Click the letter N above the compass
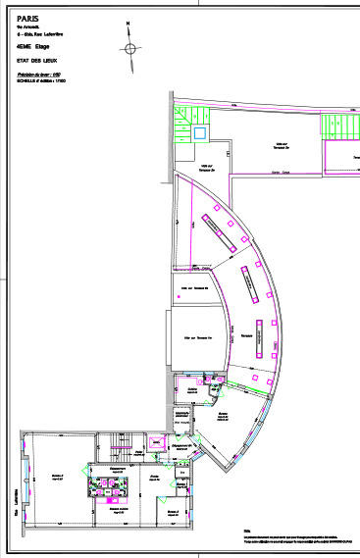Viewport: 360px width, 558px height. [129, 22]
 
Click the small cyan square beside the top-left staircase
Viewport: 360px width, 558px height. [200, 131]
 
